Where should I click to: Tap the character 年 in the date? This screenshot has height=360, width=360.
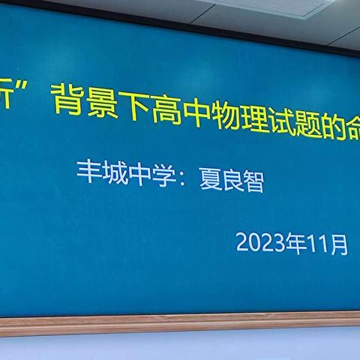(x=296, y=243)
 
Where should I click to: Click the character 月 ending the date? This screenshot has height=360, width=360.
(x=338, y=246)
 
